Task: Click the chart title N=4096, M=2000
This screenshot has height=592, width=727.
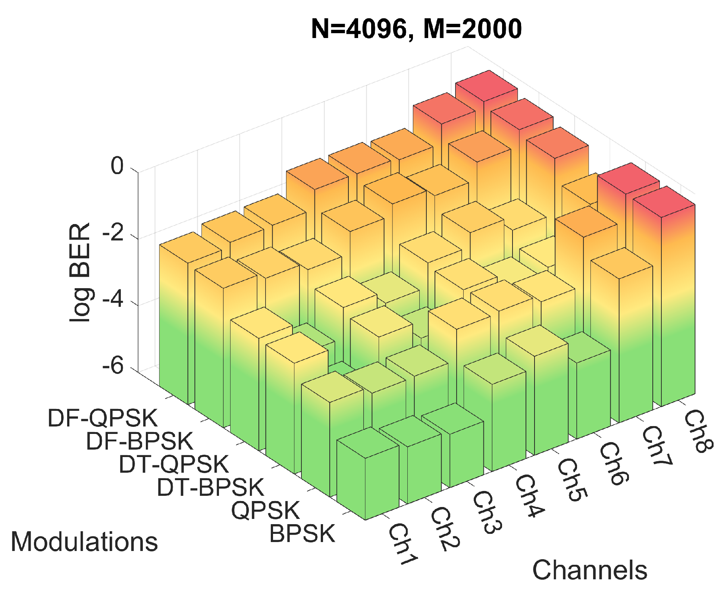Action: [x=416, y=29]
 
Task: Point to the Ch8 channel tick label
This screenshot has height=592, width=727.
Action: [x=699, y=431]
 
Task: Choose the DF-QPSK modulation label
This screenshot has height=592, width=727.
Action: [x=103, y=418]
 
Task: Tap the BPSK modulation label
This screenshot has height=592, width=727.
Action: [x=302, y=533]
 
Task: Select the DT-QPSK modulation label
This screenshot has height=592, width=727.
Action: [x=173, y=464]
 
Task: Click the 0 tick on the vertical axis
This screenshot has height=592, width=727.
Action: [x=117, y=166]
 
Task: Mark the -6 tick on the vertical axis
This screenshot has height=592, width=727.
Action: [x=113, y=366]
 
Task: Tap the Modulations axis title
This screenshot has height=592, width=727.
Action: [x=84, y=542]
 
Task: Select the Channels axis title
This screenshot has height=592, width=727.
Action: [x=589, y=570]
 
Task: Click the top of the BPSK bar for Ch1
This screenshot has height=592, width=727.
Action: [x=367, y=443]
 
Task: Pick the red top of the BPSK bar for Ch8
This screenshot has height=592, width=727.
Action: [x=664, y=202]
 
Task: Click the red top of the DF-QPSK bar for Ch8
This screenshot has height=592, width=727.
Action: [x=486, y=86]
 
